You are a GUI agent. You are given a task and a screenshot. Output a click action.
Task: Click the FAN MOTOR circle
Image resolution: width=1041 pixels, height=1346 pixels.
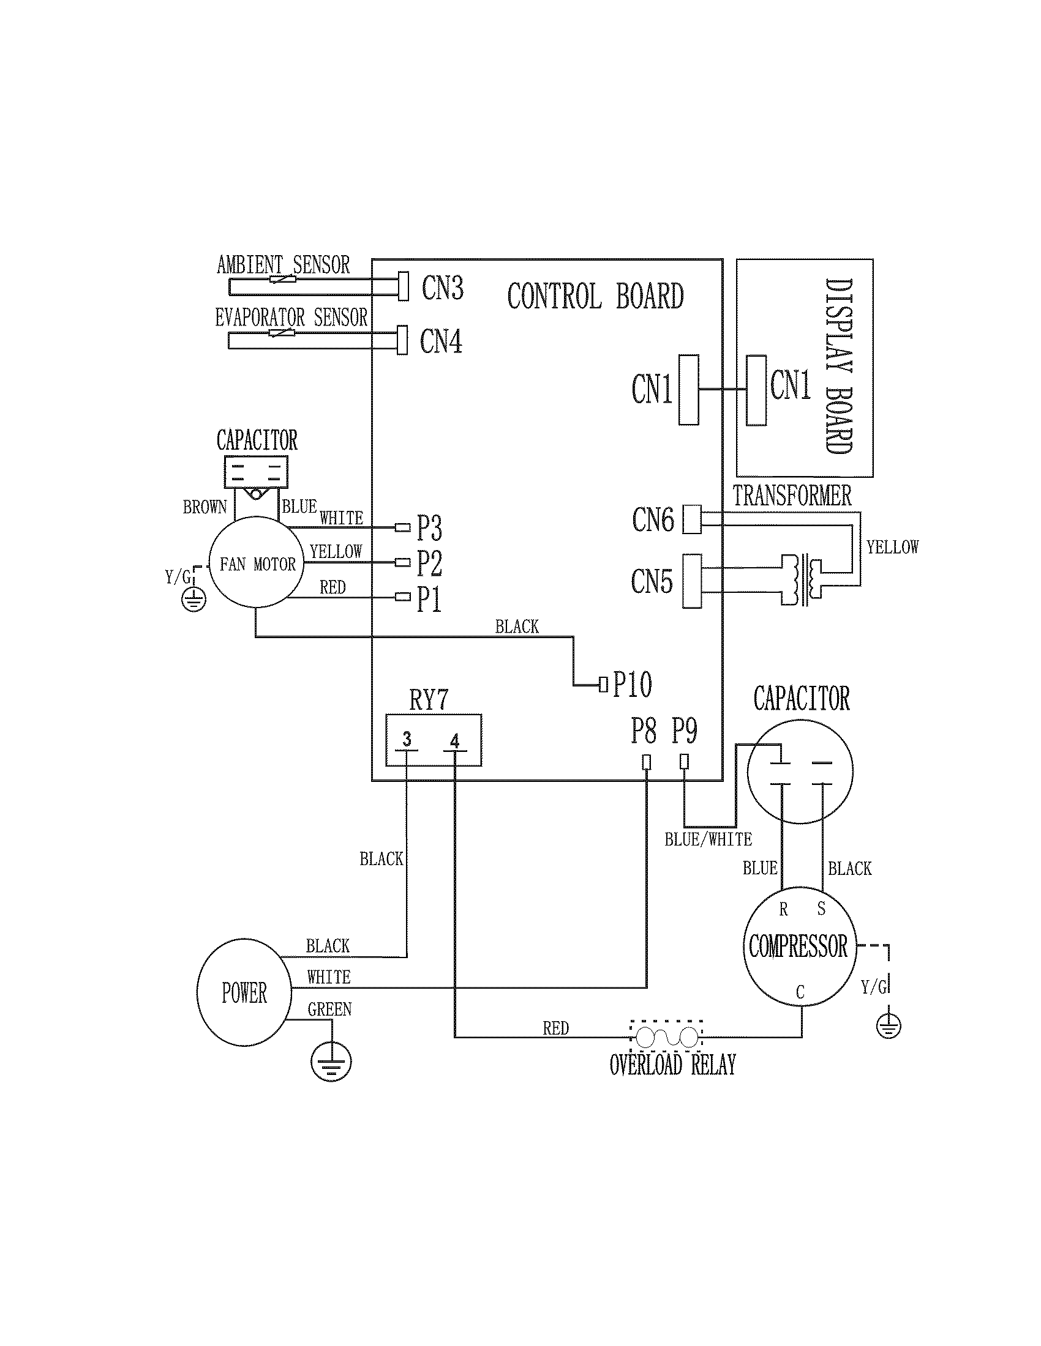pos(257,563)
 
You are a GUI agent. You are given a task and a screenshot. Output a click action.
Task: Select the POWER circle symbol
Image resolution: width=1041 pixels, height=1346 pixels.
pos(244,993)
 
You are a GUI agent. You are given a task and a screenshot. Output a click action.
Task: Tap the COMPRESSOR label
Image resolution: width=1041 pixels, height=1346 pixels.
pos(798,946)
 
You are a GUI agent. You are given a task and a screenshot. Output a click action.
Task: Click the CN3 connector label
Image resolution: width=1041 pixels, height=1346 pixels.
pos(442,288)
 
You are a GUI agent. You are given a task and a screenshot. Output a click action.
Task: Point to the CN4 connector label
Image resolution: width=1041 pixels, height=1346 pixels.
pos(441,341)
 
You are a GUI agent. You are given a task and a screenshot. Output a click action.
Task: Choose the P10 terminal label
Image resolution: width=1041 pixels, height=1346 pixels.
pos(632,684)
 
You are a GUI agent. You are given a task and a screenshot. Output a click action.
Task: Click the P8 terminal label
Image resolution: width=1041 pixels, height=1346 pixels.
pos(643,731)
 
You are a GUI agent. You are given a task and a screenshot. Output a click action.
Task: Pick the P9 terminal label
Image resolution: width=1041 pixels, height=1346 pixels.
pos(684,731)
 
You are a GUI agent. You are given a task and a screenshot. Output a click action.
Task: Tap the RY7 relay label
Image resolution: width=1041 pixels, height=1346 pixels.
pos(429,700)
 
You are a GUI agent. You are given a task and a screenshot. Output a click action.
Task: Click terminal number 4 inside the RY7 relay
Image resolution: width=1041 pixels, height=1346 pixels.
pos(455,741)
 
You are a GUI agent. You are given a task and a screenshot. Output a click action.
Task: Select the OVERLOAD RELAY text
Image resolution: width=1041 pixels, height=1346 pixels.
pos(672,1065)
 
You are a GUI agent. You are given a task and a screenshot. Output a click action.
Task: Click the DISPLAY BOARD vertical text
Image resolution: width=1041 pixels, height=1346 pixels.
pos(838,366)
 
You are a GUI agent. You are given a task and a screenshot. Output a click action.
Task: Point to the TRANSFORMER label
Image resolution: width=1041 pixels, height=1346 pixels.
pos(792,496)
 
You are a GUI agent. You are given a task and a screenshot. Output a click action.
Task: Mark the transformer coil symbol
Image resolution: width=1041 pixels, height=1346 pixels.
pos(801,579)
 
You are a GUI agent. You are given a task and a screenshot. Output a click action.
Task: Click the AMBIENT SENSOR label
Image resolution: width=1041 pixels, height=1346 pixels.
pos(283,265)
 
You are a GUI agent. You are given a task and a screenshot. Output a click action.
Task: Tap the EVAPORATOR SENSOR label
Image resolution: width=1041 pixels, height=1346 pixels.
pos(290,318)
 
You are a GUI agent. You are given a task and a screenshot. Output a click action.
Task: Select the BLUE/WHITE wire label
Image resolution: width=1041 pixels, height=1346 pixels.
pos(708,839)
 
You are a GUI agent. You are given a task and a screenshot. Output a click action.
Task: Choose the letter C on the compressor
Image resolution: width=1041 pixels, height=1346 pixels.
pos(800,992)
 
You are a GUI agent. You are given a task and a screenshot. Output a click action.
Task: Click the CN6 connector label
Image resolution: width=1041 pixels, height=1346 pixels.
pos(653,519)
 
